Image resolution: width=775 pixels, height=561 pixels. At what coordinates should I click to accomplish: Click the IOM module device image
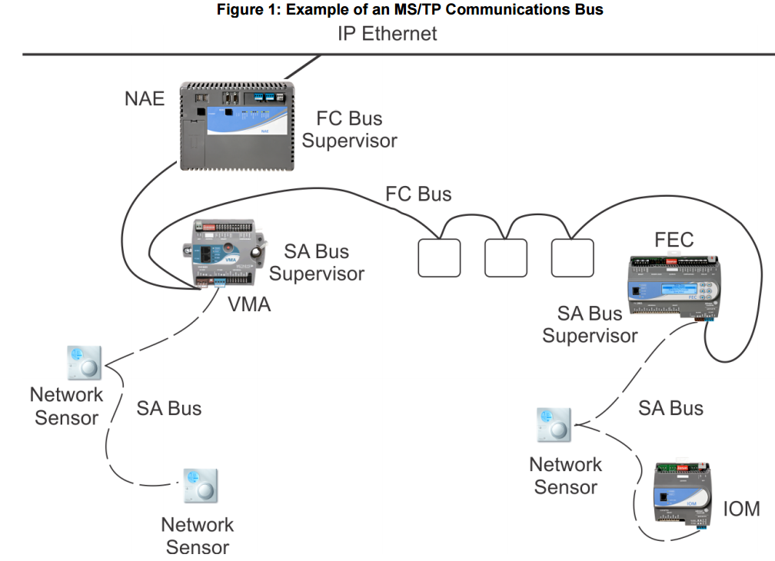click(x=682, y=495)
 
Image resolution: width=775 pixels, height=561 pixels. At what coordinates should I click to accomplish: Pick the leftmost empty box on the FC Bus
click(x=439, y=257)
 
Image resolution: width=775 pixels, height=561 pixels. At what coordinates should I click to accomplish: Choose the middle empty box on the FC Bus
click(x=506, y=257)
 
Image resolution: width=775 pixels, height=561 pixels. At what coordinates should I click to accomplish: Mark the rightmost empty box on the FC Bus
click(x=573, y=257)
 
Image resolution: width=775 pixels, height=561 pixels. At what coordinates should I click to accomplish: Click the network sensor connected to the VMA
click(x=84, y=362)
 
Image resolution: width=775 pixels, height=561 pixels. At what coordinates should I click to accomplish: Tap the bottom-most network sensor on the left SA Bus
click(x=199, y=487)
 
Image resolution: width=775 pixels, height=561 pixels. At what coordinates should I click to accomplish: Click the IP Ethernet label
click(x=387, y=34)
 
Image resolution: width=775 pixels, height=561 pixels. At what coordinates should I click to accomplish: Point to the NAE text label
click(x=145, y=98)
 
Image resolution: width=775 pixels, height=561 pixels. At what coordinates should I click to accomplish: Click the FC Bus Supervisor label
click(x=350, y=130)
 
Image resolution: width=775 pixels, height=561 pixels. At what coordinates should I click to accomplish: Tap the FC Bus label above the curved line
click(x=418, y=194)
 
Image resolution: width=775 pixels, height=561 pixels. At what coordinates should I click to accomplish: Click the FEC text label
click(x=674, y=240)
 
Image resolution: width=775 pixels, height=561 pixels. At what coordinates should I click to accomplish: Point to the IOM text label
click(x=741, y=508)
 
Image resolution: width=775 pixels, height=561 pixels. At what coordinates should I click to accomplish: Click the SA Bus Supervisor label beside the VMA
click(x=317, y=263)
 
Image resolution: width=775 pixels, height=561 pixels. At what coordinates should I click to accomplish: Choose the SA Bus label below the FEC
click(x=670, y=408)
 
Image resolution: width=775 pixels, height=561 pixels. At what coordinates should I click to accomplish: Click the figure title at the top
click(x=387, y=10)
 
